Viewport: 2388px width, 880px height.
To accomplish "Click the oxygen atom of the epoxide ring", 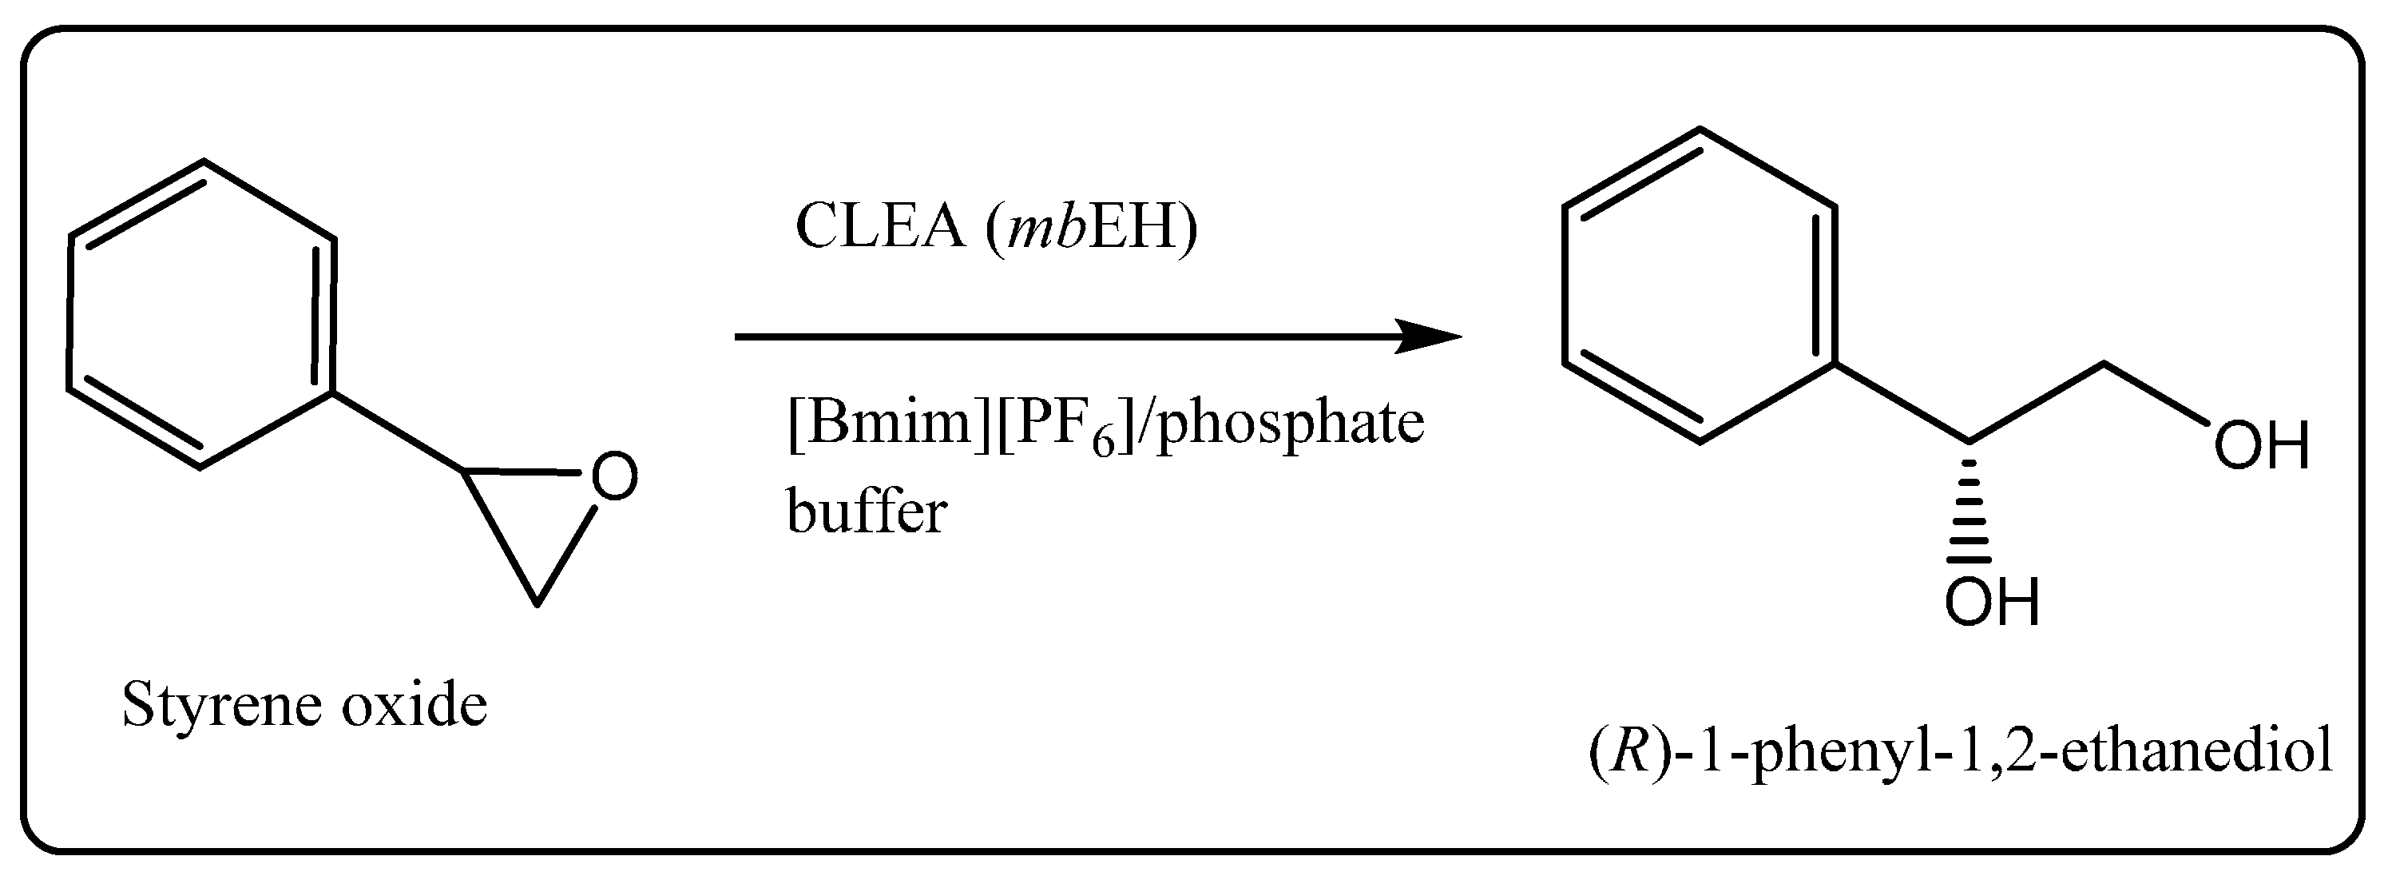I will click(613, 476).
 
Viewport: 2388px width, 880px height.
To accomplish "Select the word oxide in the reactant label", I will click(414, 706).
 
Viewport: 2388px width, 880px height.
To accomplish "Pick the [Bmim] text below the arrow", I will click(889, 423).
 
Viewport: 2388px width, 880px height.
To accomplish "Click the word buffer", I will click(867, 511).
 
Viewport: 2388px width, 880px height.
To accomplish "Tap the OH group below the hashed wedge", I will click(1991, 603).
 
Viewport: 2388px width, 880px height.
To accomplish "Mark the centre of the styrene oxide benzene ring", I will click(201, 315).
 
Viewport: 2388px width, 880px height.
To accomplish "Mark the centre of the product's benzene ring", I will click(1700, 285).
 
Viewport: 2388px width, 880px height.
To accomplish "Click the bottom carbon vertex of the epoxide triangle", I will click(537, 604).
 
